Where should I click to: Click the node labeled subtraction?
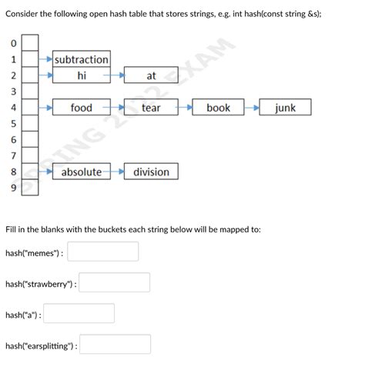(82, 59)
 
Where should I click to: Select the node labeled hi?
(82, 75)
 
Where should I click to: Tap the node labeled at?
(151, 75)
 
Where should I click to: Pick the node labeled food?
(82, 108)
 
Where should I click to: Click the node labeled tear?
(151, 108)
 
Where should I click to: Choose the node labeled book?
(218, 108)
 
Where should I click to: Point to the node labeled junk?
(285, 108)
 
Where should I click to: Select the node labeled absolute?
(82, 172)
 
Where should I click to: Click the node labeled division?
(151, 172)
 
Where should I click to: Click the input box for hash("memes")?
(103, 252)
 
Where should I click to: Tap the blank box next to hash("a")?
(79, 314)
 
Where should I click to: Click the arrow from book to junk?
(252, 108)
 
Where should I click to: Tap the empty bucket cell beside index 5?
(29, 123)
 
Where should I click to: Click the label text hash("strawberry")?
(40, 284)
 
